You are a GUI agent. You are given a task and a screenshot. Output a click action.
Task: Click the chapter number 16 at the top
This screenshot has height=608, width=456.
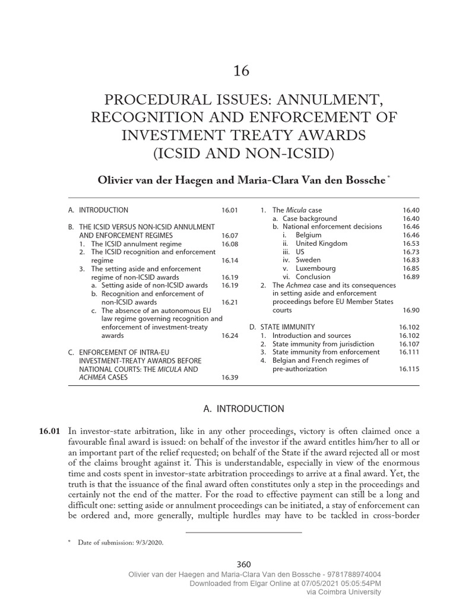(241, 71)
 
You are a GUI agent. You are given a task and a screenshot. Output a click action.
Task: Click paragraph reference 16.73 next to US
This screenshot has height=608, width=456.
(410, 252)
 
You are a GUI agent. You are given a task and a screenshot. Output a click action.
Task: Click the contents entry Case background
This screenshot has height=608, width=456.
(309, 218)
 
